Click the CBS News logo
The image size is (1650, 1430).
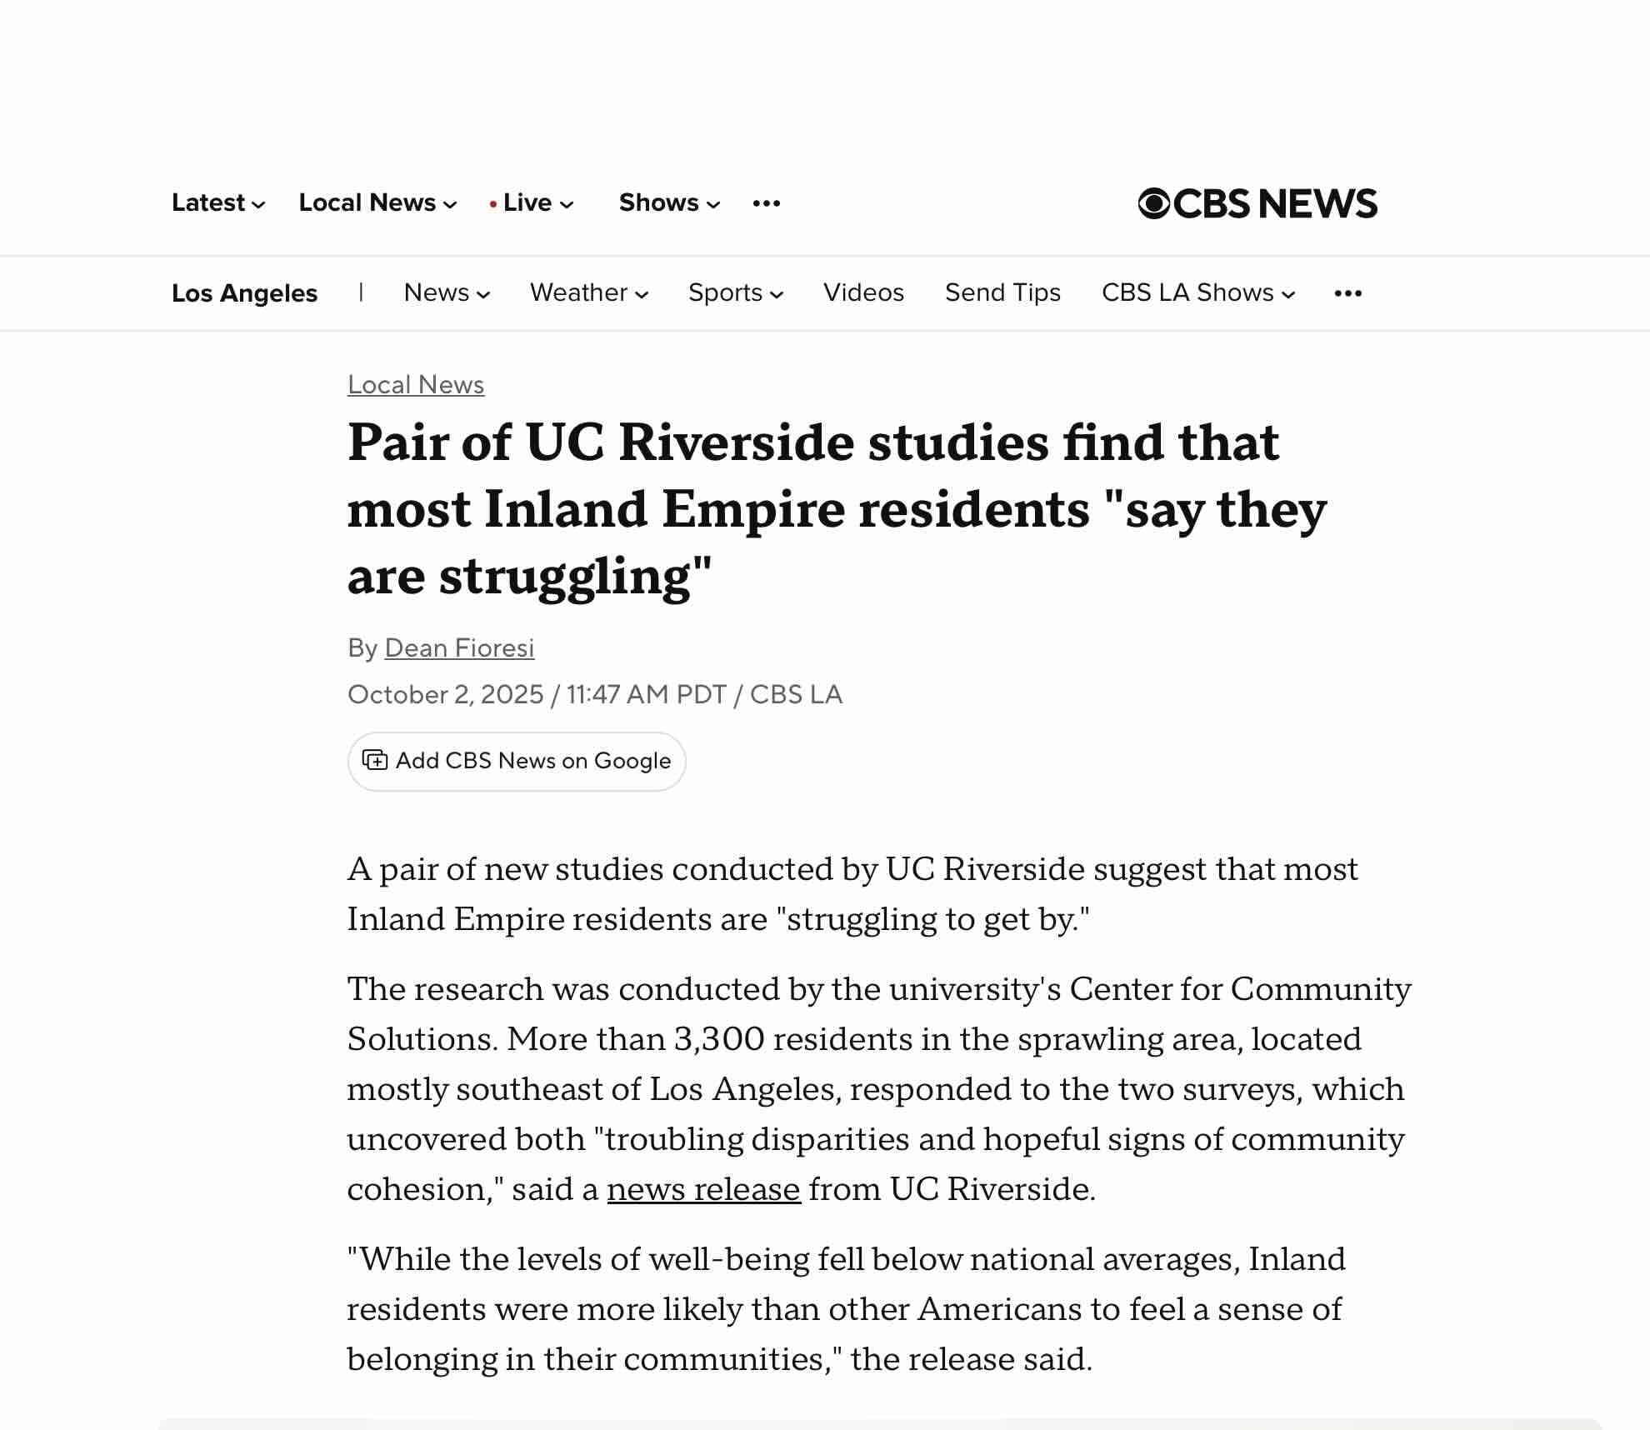pyautogui.click(x=1257, y=203)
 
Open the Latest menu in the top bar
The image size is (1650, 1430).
pyautogui.click(x=217, y=202)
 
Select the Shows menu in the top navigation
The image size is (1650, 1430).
pyautogui.click(x=668, y=202)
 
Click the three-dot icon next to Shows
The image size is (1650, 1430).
pyautogui.click(x=766, y=203)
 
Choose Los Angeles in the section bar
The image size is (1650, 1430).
pyautogui.click(x=244, y=293)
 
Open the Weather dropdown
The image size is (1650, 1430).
pyautogui.click(x=588, y=292)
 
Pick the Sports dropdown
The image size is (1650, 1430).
pyautogui.click(x=735, y=292)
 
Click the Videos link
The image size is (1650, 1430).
pyautogui.click(x=863, y=292)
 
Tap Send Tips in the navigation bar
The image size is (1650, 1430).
pyautogui.click(x=1002, y=292)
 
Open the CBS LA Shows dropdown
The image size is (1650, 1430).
pyautogui.click(x=1197, y=292)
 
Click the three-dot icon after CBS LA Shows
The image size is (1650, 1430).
pyautogui.click(x=1347, y=293)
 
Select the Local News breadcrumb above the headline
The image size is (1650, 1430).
pyautogui.click(x=416, y=385)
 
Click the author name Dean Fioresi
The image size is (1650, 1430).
pyautogui.click(x=459, y=648)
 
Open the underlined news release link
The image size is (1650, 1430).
pyautogui.click(x=703, y=1189)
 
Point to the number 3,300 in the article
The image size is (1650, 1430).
pyautogui.click(x=718, y=1039)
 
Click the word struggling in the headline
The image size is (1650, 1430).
pyautogui.click(x=565, y=577)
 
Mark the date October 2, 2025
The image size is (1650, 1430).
pyautogui.click(x=445, y=695)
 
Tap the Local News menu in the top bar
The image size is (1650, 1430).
pyautogui.click(x=377, y=202)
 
